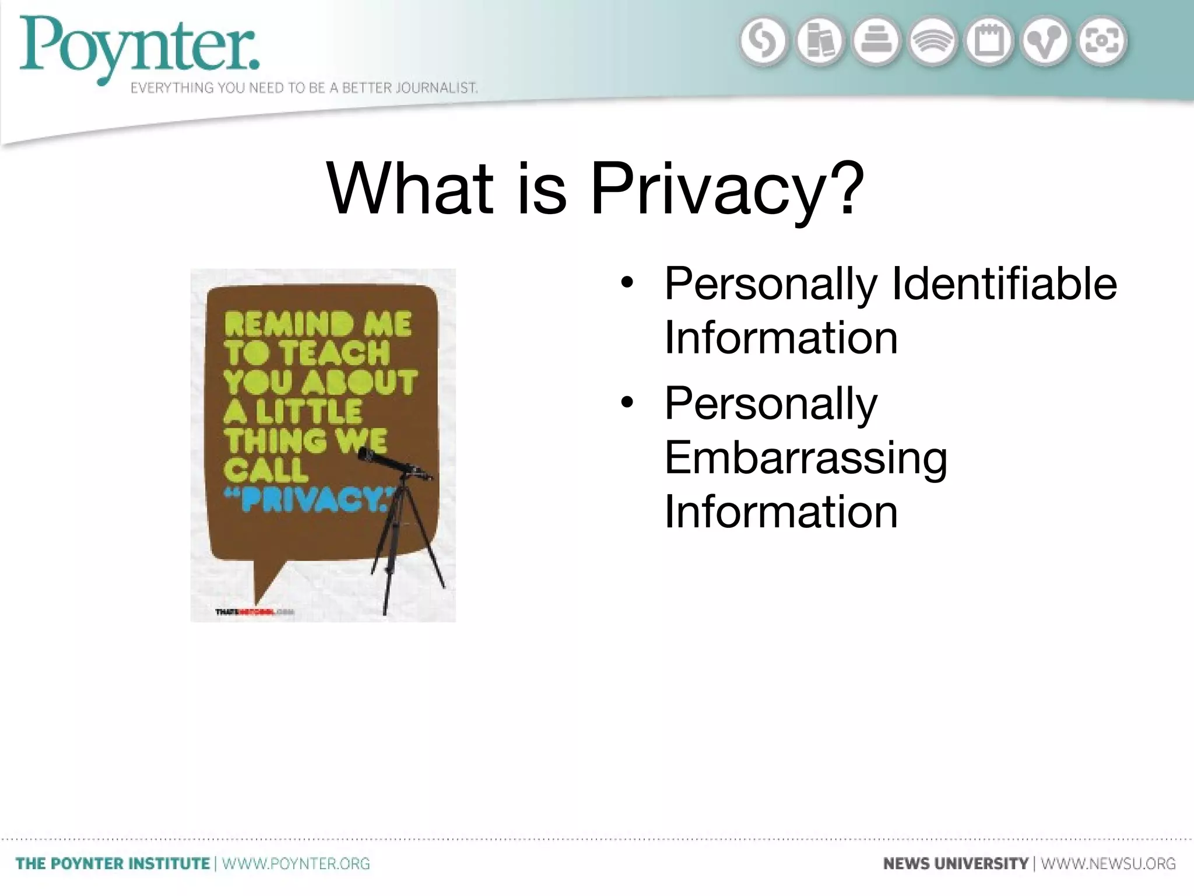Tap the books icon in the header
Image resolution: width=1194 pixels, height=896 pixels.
click(819, 41)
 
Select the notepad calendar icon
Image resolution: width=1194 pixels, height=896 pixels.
click(989, 41)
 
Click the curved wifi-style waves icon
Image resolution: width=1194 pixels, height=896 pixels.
click(933, 41)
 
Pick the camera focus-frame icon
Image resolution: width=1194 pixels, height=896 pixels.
click(1102, 41)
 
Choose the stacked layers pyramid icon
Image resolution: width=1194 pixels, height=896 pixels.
click(876, 41)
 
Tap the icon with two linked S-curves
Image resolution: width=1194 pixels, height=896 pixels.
click(763, 41)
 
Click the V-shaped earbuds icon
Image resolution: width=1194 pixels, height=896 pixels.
click(1045, 41)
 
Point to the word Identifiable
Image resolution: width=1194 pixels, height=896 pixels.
click(1005, 283)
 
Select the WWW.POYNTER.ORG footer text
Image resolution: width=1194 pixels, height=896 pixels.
click(296, 863)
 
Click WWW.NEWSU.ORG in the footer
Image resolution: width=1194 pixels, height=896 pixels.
click(1108, 863)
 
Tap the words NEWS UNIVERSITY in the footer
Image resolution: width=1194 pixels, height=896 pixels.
click(956, 863)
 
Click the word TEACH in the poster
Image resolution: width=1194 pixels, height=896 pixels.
click(333, 353)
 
